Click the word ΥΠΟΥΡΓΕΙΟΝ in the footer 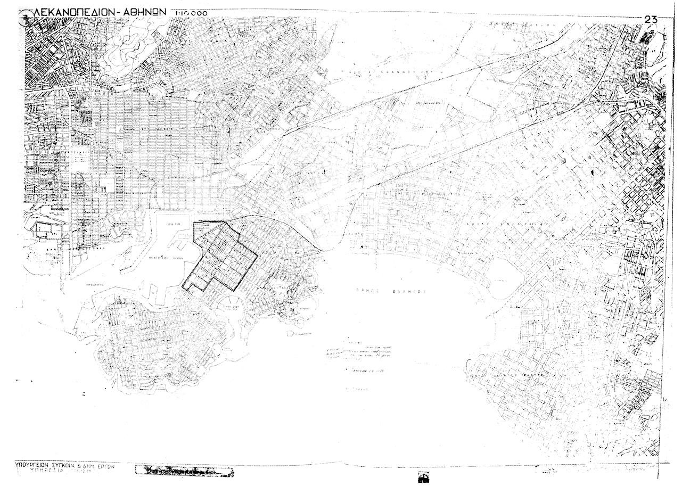[x=35, y=465]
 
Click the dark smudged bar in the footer [x=184, y=471]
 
